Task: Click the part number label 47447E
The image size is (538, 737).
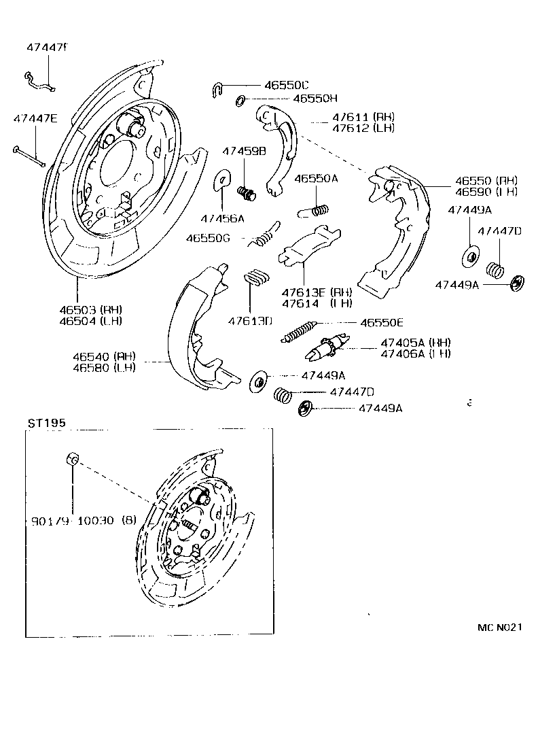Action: click(35, 118)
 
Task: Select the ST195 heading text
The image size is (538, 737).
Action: click(47, 423)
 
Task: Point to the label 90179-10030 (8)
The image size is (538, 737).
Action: click(84, 521)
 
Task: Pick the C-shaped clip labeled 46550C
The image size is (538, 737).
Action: click(216, 88)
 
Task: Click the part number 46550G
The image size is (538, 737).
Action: click(209, 239)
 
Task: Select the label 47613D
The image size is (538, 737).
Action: click(250, 320)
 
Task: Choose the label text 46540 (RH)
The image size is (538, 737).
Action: click(105, 356)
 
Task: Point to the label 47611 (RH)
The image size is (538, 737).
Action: click(363, 117)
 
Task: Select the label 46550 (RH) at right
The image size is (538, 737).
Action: click(486, 181)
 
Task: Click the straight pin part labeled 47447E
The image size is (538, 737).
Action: click(29, 156)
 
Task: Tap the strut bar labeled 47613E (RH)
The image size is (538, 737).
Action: click(309, 245)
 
